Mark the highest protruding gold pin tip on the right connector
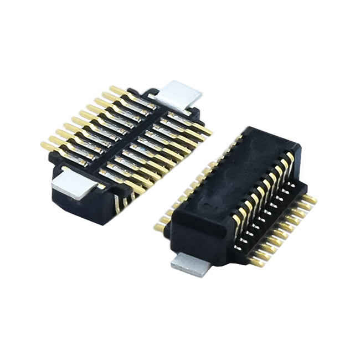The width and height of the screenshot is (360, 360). [x=315, y=197]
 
